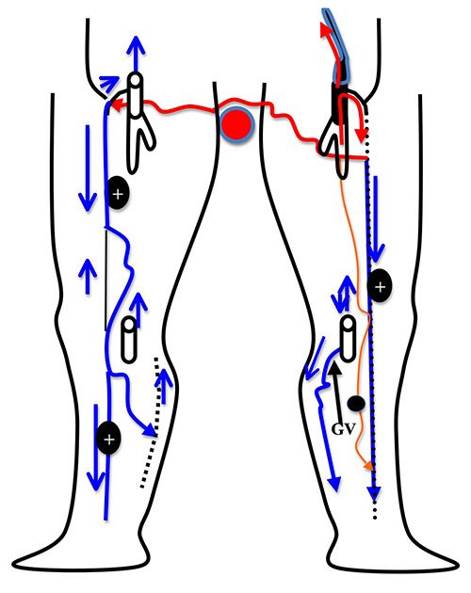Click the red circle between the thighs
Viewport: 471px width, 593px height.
236,124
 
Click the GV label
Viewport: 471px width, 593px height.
344,429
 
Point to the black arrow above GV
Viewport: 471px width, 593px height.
336,391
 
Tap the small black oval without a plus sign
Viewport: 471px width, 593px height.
356,404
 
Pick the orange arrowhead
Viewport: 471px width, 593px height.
368,466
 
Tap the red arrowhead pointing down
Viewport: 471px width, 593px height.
362,135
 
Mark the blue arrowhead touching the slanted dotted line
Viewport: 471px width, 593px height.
150,429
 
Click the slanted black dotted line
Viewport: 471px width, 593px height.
150,422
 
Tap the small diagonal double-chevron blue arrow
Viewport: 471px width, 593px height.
109,83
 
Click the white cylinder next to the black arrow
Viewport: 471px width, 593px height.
348,339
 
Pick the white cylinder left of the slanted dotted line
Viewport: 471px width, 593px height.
129,340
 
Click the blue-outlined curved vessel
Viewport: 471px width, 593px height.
338,45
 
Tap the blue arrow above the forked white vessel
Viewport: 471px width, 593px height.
136,55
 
